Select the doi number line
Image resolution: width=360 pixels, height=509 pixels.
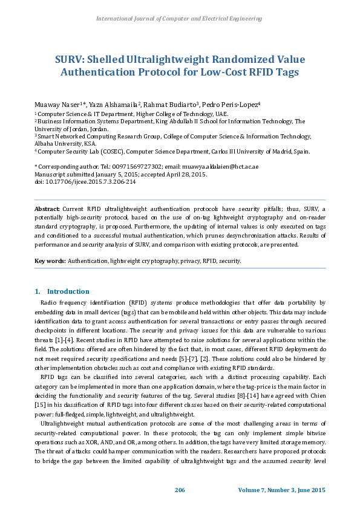(85, 181)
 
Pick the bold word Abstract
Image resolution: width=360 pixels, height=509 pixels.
(47, 209)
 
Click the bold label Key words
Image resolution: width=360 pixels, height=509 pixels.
(50, 261)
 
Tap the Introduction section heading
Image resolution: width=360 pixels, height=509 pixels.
(68, 291)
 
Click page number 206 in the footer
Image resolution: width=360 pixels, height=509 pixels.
(180, 489)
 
